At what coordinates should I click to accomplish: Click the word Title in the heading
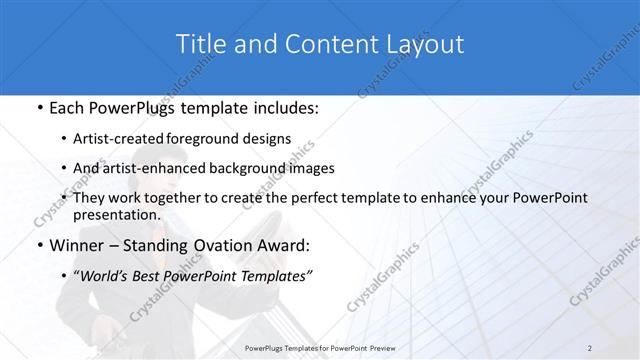[199, 45]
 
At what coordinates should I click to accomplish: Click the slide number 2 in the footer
[589, 347]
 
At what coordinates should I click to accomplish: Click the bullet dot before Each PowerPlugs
[38, 106]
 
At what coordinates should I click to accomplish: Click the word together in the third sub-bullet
[186, 198]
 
